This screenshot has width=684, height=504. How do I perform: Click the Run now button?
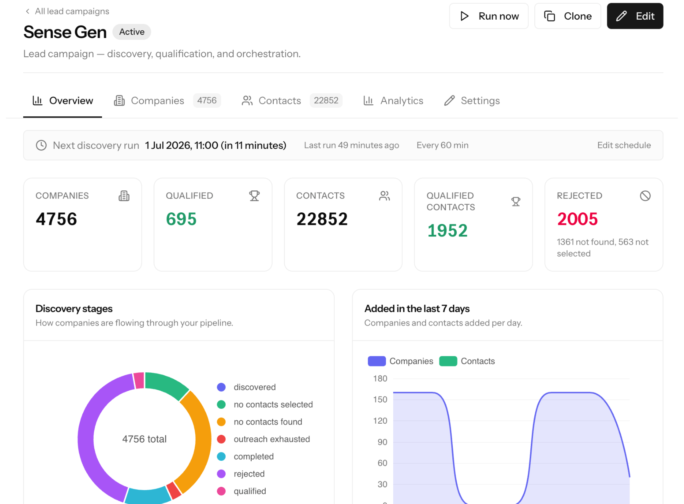tap(488, 16)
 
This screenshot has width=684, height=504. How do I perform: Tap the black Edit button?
tap(635, 16)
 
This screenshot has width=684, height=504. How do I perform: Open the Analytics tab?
tap(393, 101)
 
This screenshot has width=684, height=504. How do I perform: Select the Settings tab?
tap(472, 101)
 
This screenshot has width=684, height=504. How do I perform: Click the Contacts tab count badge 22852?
tap(326, 100)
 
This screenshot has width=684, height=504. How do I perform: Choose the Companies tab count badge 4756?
tap(207, 100)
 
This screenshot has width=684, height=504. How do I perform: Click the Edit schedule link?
tap(624, 145)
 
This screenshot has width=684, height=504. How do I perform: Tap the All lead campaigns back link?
tap(67, 11)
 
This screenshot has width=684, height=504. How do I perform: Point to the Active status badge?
tap(132, 32)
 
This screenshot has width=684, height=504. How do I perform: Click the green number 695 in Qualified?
tap(181, 219)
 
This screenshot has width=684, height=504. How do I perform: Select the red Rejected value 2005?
tap(577, 219)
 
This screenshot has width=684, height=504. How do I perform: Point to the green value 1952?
tap(447, 230)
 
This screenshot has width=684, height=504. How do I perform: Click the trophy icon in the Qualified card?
tap(254, 196)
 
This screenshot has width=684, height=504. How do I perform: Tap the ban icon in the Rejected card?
tap(645, 196)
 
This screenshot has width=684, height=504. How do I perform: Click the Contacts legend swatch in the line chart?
tap(448, 361)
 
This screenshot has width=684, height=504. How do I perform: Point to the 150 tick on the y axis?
tap(380, 400)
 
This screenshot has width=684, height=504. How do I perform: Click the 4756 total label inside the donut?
tap(144, 439)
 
